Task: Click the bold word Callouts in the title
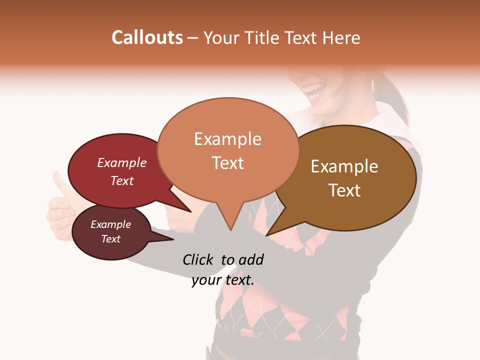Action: click(147, 37)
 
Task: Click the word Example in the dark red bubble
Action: click(122, 162)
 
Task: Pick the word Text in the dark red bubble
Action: click(122, 180)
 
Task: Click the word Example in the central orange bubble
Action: click(227, 139)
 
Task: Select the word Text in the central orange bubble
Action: click(227, 163)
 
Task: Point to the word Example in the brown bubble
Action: click(344, 166)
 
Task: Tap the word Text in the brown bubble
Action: click(344, 190)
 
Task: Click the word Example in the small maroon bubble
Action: click(110, 224)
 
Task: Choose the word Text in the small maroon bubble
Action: click(110, 239)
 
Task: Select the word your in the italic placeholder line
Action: click(206, 280)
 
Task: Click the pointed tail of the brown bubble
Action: click(272, 230)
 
